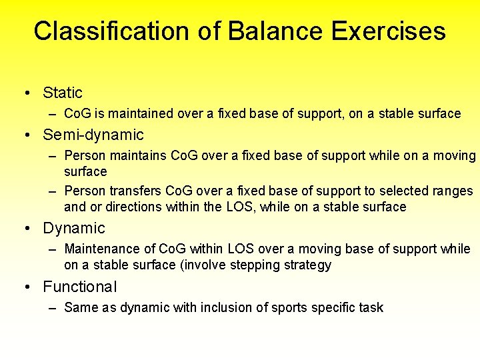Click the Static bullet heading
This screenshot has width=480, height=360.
(63, 93)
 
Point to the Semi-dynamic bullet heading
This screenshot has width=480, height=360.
(93, 135)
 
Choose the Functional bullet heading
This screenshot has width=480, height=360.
(79, 287)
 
